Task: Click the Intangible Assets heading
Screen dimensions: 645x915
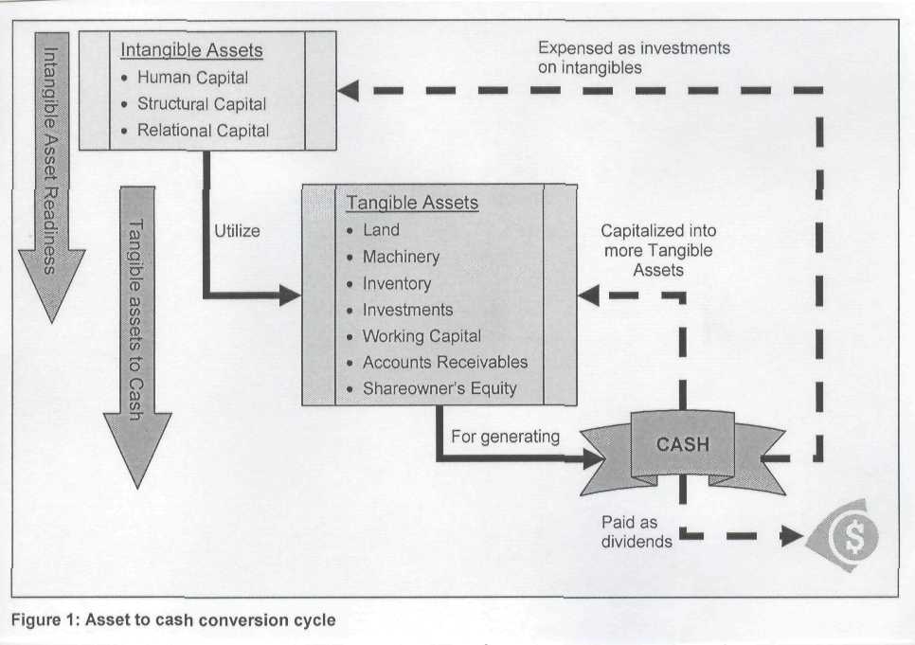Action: coord(191,50)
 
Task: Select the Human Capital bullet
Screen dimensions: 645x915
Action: coord(192,78)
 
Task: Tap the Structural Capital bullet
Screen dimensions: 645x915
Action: coord(201,104)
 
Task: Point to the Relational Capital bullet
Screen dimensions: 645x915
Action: coord(203,131)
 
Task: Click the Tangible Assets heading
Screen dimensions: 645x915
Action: coord(412,203)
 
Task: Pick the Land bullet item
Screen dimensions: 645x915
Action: coord(381,230)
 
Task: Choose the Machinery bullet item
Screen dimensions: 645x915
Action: coord(401,257)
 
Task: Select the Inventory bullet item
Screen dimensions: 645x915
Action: coord(396,283)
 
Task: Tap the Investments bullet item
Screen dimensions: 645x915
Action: coord(407,310)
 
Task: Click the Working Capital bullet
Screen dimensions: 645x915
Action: coord(422,336)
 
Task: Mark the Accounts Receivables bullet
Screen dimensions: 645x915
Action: coord(445,362)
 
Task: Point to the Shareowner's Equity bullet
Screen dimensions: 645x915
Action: coord(440,388)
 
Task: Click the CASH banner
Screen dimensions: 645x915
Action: coord(682,443)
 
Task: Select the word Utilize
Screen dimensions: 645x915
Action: coord(237,230)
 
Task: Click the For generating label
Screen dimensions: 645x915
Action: coord(505,437)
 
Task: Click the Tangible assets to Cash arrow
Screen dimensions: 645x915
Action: coord(137,331)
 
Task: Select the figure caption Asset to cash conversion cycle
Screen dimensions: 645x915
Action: coord(173,619)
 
